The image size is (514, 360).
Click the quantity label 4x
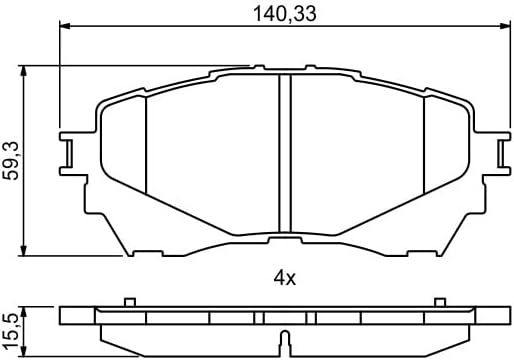pos(284,279)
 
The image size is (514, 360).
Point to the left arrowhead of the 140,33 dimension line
pos(65,28)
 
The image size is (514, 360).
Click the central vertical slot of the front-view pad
pos(283,150)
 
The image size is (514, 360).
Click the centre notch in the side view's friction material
pos(284,334)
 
